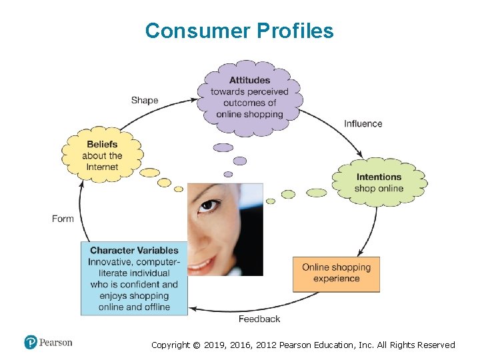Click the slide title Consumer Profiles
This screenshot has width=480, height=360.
click(239, 31)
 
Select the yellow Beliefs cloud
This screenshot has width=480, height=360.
click(102, 155)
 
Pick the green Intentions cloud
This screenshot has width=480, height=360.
click(379, 182)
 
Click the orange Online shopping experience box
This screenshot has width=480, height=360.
click(336, 273)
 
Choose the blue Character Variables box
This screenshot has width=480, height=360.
click(134, 278)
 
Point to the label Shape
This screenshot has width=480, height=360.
click(145, 100)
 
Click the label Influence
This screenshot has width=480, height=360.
click(363, 123)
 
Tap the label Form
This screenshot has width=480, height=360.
click(63, 219)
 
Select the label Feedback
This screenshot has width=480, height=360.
click(259, 319)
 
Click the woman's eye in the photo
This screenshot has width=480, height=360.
click(211, 205)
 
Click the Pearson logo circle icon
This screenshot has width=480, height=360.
click(31, 343)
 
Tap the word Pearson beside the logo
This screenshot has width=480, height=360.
click(56, 343)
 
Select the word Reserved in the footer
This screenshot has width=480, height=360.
click(434, 345)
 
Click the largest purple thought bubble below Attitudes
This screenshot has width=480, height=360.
click(223, 147)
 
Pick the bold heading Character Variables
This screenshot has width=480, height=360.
click(134, 250)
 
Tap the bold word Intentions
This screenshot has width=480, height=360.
click(379, 177)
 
